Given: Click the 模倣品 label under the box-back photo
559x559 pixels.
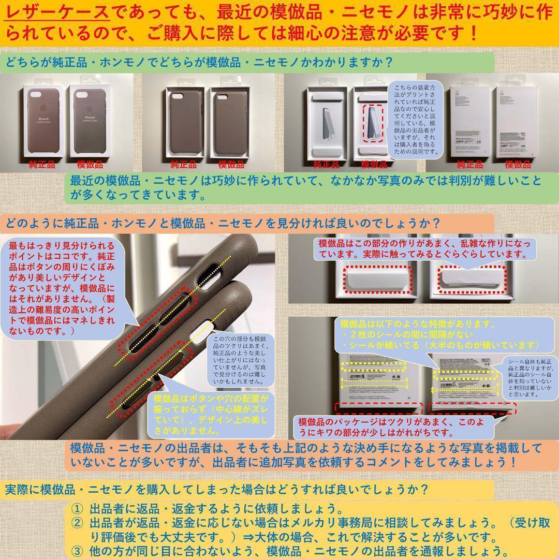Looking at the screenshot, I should coord(518,165).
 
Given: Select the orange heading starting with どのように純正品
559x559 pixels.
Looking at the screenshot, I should coord(223,224).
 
